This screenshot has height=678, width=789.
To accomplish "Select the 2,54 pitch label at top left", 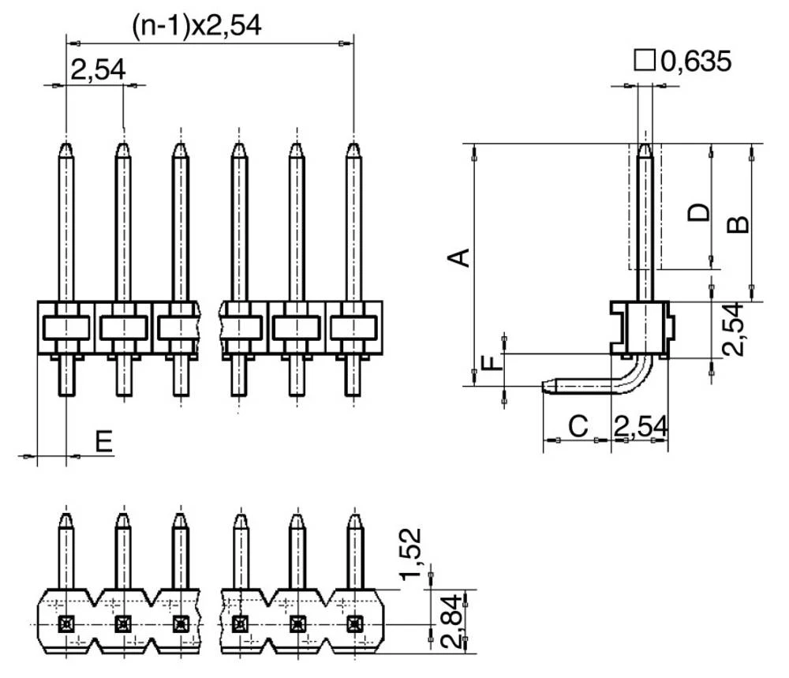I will tap(97, 70).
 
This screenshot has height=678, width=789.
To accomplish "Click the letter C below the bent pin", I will tap(578, 426).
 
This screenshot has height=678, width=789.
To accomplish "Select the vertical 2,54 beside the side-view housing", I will tap(734, 328).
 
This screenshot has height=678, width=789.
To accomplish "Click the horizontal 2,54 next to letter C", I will tap(640, 426).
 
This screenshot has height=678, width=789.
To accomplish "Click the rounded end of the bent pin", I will tap(546, 386).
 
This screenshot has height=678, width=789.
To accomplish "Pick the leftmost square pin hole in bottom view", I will tap(66, 624).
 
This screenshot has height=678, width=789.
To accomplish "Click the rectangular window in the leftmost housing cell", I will tap(66, 327).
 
